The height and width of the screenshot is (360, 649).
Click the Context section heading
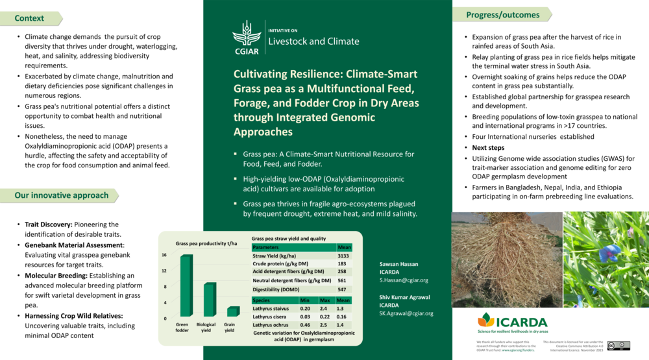click(x=29, y=18)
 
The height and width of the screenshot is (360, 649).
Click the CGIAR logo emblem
click(x=247, y=36)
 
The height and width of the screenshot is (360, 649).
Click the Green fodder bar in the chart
click(x=186, y=285)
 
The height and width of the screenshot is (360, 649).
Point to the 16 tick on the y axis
click(x=164, y=255)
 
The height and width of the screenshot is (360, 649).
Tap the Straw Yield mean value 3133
click(x=343, y=256)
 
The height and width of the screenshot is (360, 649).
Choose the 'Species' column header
click(x=261, y=300)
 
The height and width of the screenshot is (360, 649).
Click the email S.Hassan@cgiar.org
click(x=404, y=280)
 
